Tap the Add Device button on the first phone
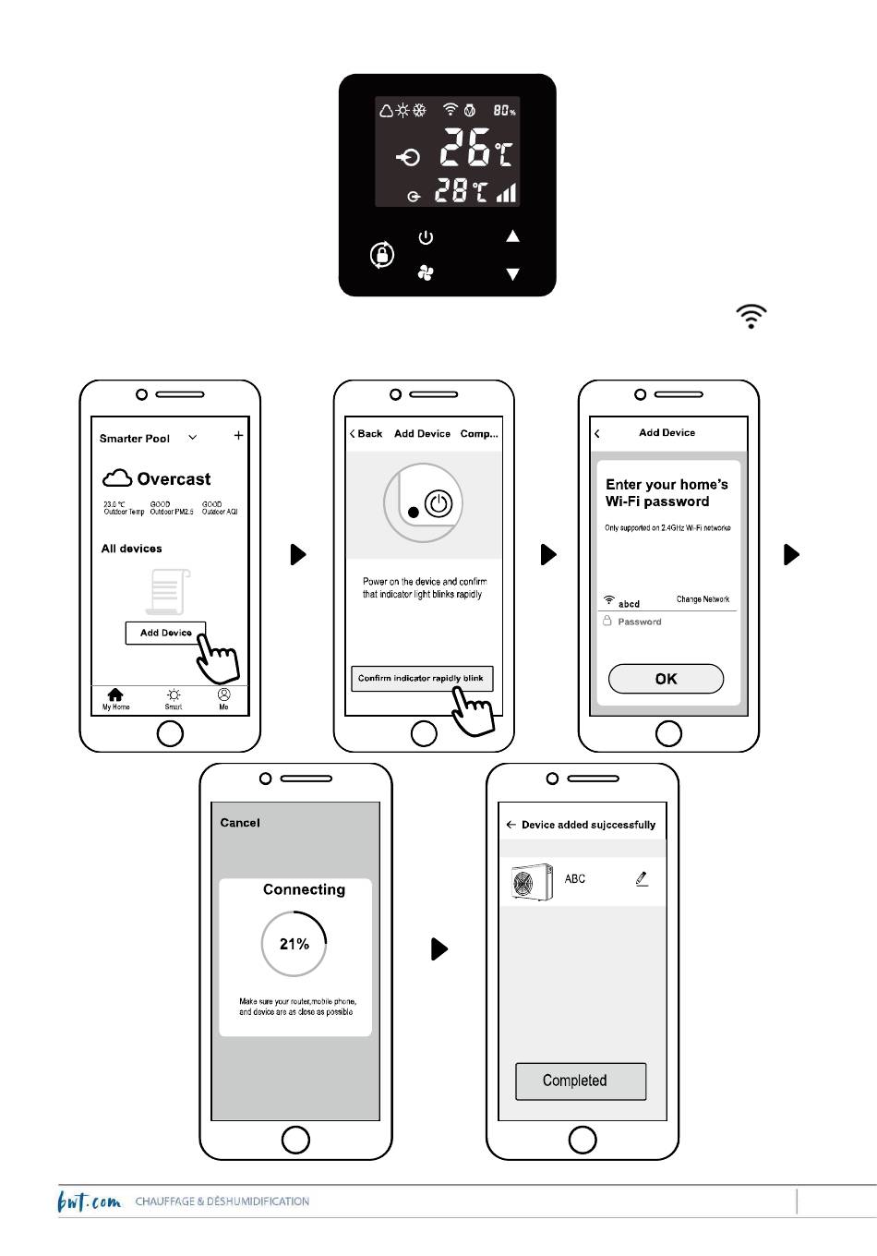[x=165, y=633]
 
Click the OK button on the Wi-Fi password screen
[x=666, y=679]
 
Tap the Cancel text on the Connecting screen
[x=240, y=823]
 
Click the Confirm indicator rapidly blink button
[x=421, y=678]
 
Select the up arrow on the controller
[x=512, y=236]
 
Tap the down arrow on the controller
[x=512, y=274]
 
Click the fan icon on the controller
[x=426, y=272]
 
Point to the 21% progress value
[x=294, y=944]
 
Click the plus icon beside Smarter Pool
[x=238, y=436]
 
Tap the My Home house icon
[x=115, y=694]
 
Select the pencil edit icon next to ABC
[x=642, y=879]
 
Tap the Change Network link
[x=703, y=599]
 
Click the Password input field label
[x=640, y=622]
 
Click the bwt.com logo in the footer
[x=89, y=1202]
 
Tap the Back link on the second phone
[x=366, y=434]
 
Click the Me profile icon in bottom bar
[x=223, y=694]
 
